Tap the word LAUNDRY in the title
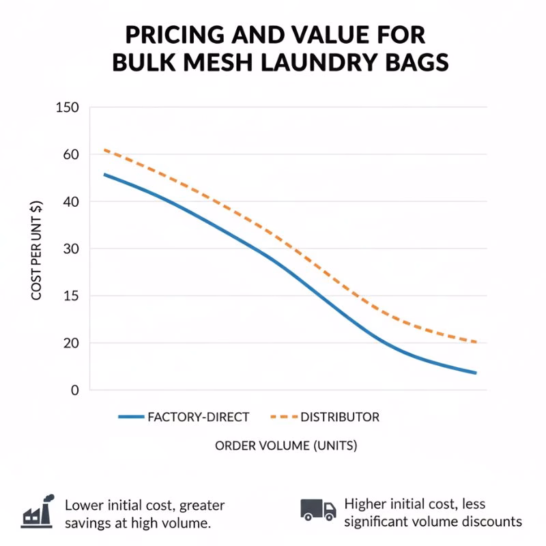(x=319, y=62)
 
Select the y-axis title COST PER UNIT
(x=37, y=250)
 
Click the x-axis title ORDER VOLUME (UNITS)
(x=286, y=446)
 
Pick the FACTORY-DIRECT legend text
(x=199, y=416)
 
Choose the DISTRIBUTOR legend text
(x=340, y=416)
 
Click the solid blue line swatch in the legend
(x=131, y=416)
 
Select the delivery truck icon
(x=318, y=509)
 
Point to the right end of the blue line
(x=476, y=373)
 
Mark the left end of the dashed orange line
(x=104, y=149)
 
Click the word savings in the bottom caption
(x=87, y=523)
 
